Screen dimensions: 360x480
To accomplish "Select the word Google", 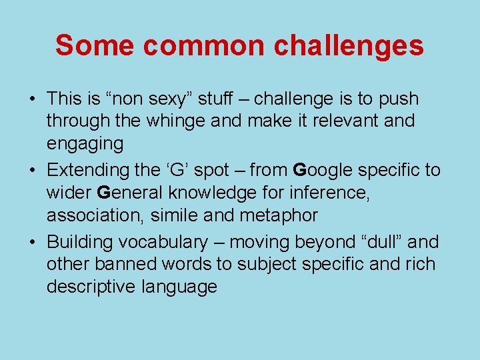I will pos(327,170).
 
